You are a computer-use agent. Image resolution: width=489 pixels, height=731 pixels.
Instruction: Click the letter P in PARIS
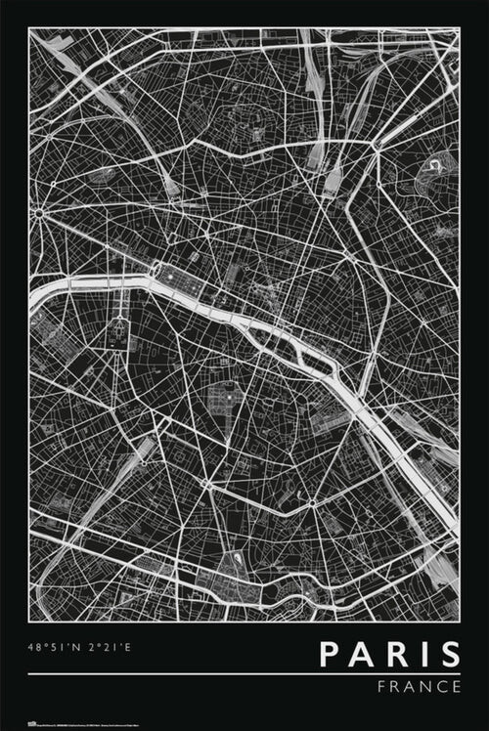coord(331,654)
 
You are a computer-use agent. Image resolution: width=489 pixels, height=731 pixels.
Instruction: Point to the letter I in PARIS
coord(422,654)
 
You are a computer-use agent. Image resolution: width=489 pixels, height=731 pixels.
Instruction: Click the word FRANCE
coord(419,686)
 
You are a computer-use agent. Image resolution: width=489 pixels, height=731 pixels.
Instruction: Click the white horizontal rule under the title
coord(244,673)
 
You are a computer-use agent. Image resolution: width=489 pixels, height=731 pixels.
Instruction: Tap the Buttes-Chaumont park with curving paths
coord(431,177)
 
